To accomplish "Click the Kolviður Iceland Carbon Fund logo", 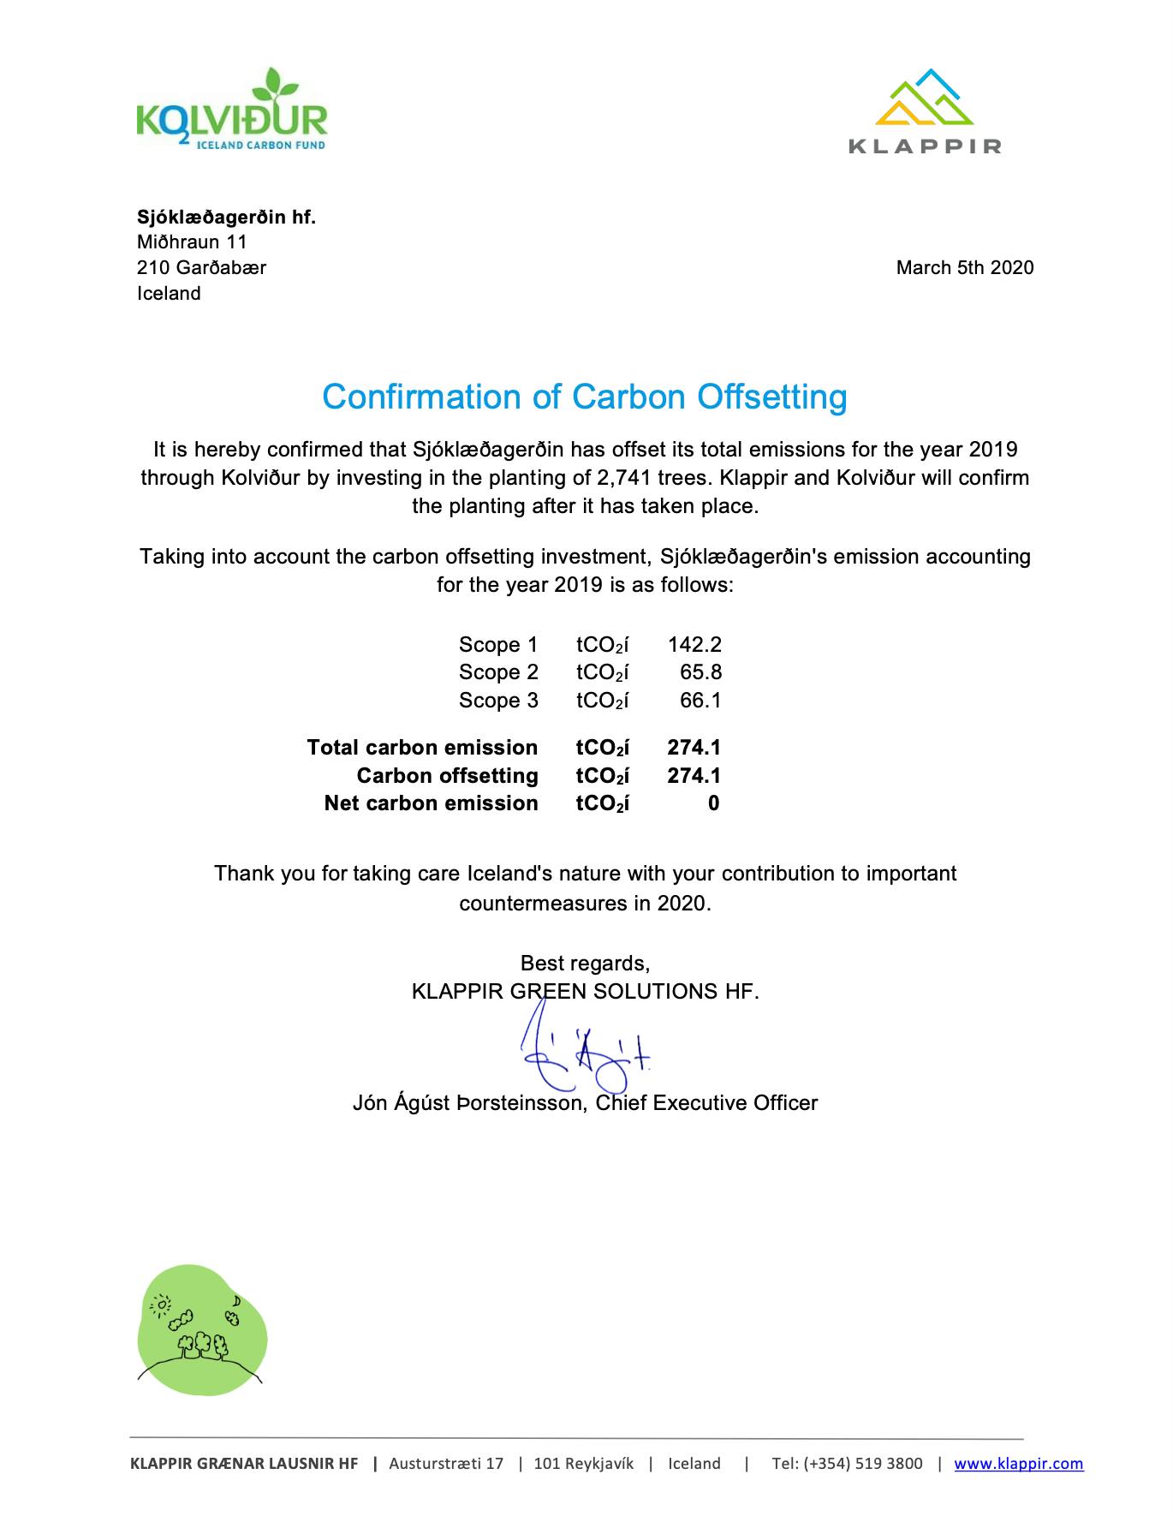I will (231, 111).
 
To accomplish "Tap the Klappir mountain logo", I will (925, 111).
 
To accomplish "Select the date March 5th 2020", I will (964, 268).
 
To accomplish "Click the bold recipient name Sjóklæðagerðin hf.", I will (226, 218).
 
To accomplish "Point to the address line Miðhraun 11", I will (192, 242).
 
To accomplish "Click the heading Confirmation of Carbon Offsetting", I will (585, 397).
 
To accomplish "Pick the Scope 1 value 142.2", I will (694, 645).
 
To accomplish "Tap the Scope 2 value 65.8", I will (700, 672).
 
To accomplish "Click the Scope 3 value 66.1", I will (700, 701).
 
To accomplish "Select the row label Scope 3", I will (498, 701).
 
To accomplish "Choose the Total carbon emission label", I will (422, 748).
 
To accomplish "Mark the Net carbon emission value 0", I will (713, 803).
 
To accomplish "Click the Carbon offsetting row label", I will (447, 776).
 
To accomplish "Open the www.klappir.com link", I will (1018, 1464).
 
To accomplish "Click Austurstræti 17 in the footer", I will (446, 1464).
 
